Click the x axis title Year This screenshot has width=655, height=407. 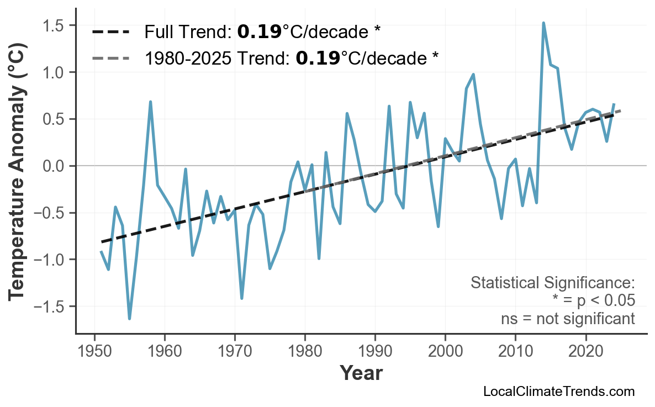(361, 373)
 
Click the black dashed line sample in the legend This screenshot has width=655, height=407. (110, 32)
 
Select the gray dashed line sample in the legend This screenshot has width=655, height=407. (110, 57)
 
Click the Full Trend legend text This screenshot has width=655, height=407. (262, 32)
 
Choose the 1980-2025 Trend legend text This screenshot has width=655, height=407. (292, 57)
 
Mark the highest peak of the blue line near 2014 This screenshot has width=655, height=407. (543, 23)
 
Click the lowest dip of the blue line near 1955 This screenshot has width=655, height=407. (129, 318)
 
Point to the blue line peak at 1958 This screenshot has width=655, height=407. (150, 102)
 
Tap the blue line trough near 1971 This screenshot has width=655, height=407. (242, 298)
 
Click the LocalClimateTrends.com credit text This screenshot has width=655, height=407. (559, 392)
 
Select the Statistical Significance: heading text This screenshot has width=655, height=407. (552, 283)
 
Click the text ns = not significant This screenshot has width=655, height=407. (568, 319)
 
